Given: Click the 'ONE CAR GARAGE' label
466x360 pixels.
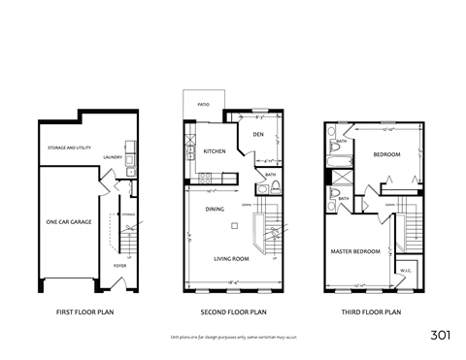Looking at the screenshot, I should click(x=68, y=222).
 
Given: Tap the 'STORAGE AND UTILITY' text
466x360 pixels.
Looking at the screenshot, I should click(x=69, y=148).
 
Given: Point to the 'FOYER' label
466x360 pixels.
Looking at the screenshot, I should click(x=119, y=265).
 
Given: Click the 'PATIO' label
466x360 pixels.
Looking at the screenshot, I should click(x=203, y=104).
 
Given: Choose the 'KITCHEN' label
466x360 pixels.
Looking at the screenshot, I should click(x=215, y=151).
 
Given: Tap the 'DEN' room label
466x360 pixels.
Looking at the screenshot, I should click(x=259, y=134).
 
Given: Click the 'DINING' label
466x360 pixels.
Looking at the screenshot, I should click(x=215, y=209).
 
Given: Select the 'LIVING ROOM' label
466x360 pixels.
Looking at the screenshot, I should click(x=232, y=259).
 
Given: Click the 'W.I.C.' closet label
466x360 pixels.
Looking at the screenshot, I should click(x=406, y=272).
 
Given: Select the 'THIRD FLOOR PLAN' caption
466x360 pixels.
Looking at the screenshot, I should click(x=373, y=312).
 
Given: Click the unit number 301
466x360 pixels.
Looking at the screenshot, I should click(x=440, y=336).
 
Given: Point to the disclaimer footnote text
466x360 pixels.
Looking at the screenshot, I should click(x=233, y=336).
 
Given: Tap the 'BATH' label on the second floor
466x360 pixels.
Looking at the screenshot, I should click(x=271, y=175).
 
